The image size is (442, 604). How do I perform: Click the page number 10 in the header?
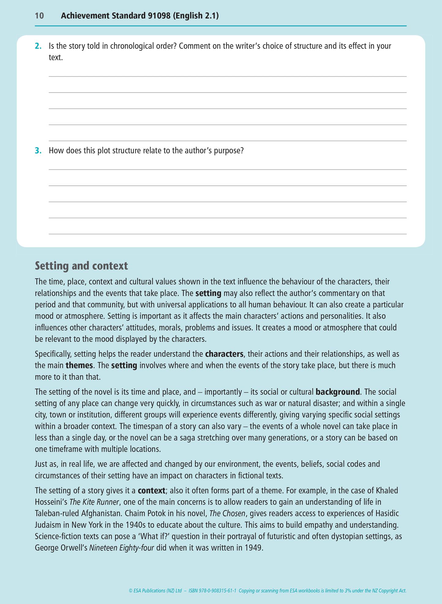coord(39,16)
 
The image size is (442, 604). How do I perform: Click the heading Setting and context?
coord(81,266)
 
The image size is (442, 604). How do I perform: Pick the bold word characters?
coord(224,354)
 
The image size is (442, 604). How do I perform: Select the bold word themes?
coord(79,365)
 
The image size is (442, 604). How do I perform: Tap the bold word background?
coord(337,392)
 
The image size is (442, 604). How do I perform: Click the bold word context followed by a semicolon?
coord(152,491)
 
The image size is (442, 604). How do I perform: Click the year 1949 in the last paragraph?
coord(253,548)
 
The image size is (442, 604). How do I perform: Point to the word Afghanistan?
coord(100,514)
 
